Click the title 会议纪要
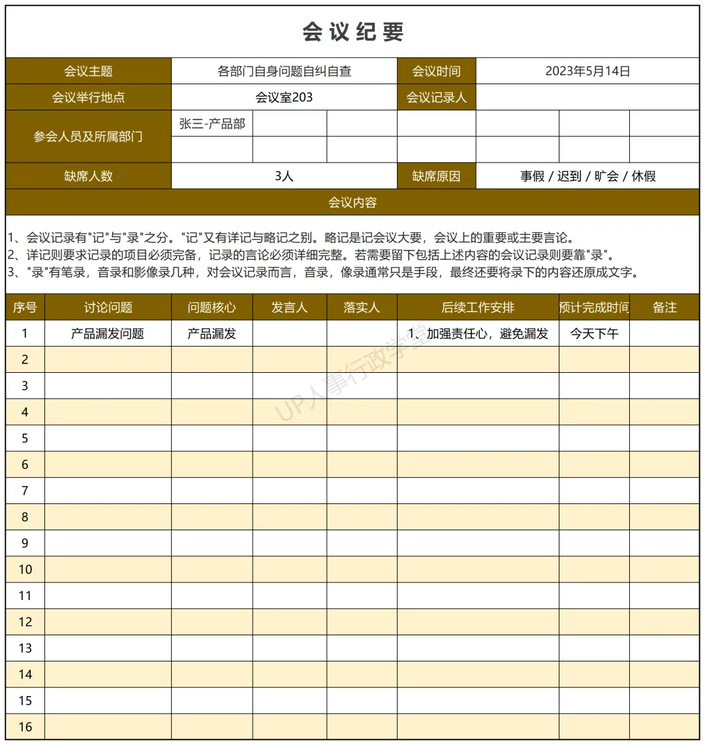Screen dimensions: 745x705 [x=352, y=32]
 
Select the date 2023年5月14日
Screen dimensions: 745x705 [x=587, y=71]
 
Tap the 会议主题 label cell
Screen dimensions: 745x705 [x=88, y=71]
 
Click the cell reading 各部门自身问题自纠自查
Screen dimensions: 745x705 [x=284, y=71]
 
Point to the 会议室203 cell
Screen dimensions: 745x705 [x=284, y=97]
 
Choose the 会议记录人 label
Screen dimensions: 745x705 [x=436, y=97]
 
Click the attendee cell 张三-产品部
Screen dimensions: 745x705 [x=212, y=123]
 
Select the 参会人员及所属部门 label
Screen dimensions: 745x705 [x=88, y=136]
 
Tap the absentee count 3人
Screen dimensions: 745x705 [x=284, y=176]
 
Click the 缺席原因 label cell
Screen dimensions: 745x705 [x=436, y=176]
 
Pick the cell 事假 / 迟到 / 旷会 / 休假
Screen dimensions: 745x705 [x=587, y=176]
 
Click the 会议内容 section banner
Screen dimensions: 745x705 [x=352, y=202]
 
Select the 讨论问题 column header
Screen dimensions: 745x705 [x=108, y=307]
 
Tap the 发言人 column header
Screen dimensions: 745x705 [x=289, y=307]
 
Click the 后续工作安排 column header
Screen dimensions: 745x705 [x=478, y=307]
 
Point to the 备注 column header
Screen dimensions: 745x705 [x=665, y=307]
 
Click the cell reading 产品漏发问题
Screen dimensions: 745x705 [x=108, y=334]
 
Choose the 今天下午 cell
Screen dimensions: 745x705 [x=594, y=334]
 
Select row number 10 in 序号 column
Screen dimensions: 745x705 [x=25, y=569]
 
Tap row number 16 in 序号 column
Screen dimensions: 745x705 [x=25, y=727]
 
